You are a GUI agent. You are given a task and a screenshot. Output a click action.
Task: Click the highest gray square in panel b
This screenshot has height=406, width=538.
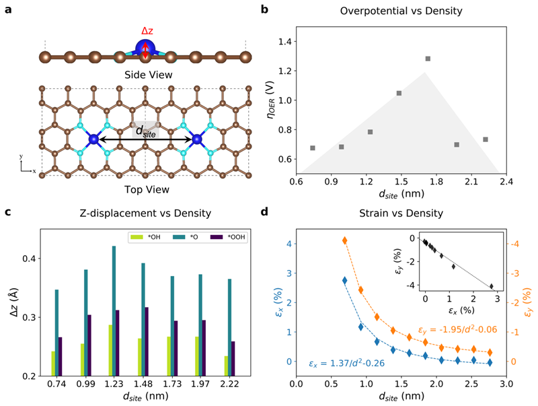pyautogui.click(x=428, y=59)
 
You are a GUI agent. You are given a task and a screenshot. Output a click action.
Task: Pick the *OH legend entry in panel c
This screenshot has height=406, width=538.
pyautogui.click(x=147, y=238)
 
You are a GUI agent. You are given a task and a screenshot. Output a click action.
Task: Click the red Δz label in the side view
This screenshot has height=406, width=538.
pyautogui.click(x=147, y=31)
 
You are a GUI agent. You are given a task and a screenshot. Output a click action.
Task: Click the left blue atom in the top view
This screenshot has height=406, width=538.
pyautogui.click(x=94, y=139)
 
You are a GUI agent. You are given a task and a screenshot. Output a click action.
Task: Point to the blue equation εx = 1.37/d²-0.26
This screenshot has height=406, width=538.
pyautogui.click(x=347, y=364)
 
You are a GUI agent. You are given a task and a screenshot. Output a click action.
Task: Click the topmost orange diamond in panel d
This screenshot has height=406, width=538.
pyautogui.click(x=345, y=240)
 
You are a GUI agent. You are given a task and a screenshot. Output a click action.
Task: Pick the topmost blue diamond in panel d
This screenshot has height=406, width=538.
pyautogui.click(x=345, y=280)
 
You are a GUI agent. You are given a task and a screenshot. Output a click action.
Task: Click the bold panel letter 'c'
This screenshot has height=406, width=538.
pyautogui.click(x=7, y=213)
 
